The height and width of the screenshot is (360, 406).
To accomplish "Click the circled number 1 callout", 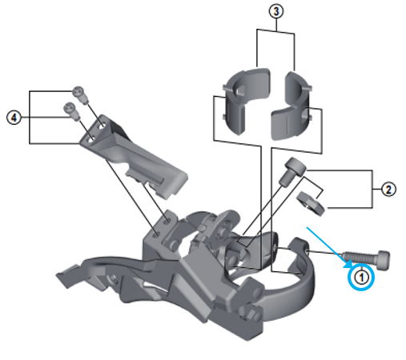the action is tap(361, 278).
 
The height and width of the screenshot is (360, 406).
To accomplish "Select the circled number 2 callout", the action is tap(388, 190).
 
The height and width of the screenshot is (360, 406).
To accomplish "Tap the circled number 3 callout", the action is tap(276, 11).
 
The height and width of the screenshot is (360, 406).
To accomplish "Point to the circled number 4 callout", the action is tap(14, 118).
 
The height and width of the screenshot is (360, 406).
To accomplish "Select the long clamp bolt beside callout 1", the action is tap(366, 259).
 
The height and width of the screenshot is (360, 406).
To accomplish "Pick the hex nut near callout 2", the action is tap(311, 203).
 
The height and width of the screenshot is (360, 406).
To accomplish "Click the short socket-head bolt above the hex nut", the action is tap(291, 171).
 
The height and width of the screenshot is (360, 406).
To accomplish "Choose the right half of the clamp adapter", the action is tap(292, 106).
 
